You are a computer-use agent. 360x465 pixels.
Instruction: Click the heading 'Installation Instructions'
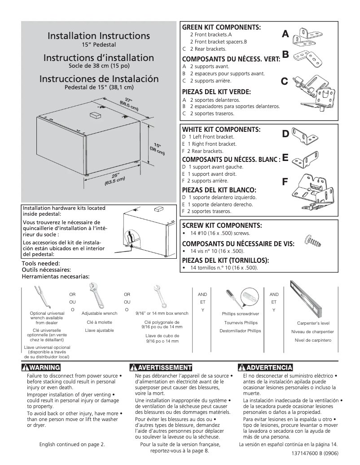(x=99, y=36)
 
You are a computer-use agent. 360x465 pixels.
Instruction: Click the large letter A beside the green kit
(x=285, y=34)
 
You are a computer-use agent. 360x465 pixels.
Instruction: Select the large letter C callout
(x=284, y=81)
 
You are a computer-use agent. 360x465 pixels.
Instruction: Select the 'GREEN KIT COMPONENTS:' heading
(x=221, y=27)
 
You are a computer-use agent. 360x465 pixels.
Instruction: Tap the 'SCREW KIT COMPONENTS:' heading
(x=221, y=225)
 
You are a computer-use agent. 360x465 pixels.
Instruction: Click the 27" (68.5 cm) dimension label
(x=129, y=104)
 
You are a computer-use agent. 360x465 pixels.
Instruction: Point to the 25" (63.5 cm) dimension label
(x=114, y=178)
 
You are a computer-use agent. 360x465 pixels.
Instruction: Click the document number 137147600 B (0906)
(x=315, y=452)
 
